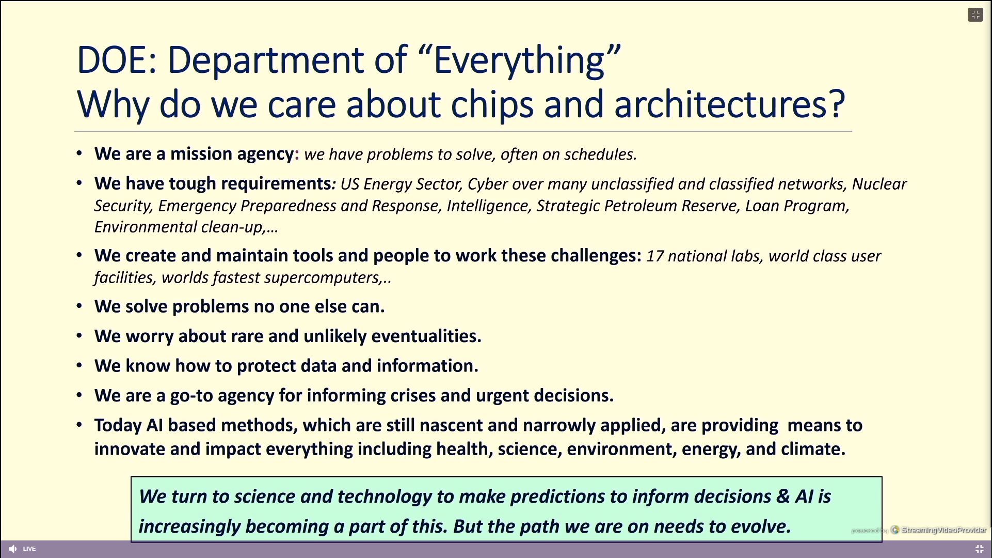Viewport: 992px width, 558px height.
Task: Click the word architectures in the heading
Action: point(729,103)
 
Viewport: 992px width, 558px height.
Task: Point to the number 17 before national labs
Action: point(654,256)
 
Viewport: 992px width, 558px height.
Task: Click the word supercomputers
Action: point(322,278)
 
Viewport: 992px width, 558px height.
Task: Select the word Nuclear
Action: point(879,184)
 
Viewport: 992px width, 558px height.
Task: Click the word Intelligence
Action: point(488,206)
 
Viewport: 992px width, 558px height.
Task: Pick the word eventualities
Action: point(426,336)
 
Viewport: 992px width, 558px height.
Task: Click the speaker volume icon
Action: point(13,549)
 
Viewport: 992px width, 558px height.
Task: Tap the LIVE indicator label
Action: point(29,549)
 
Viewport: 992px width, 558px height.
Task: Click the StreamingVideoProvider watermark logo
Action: point(895,530)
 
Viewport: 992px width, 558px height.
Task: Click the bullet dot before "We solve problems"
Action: point(79,306)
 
